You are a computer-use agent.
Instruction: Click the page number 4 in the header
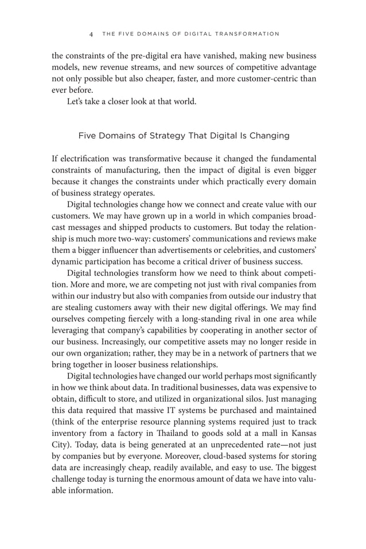tap(91, 34)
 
